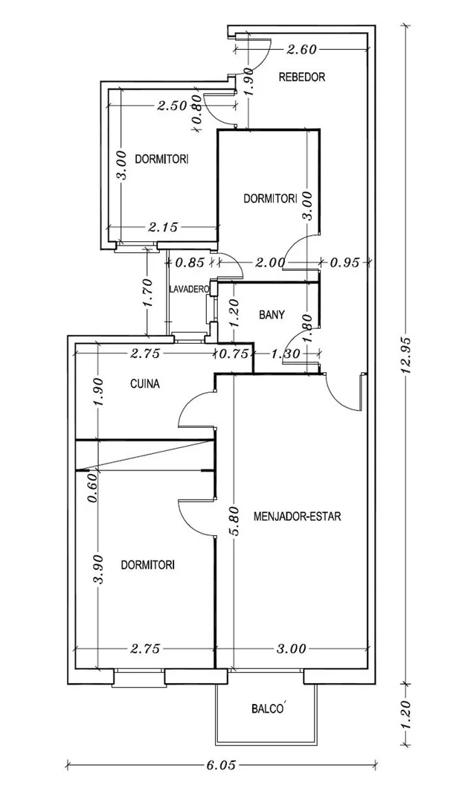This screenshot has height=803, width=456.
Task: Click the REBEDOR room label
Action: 301,77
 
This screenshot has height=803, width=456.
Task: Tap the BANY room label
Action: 272,315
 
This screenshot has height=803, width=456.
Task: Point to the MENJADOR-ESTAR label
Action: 297,516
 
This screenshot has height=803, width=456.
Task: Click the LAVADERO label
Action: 187,289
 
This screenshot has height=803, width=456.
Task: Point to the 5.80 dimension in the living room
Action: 234,525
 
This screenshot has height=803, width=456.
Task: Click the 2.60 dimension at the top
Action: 303,51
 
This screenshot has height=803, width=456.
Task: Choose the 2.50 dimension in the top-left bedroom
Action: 172,106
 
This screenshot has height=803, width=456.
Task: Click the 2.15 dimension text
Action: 162,227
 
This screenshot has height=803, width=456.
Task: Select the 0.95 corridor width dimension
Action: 345,262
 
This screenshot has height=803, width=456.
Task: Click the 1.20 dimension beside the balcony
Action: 406,714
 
